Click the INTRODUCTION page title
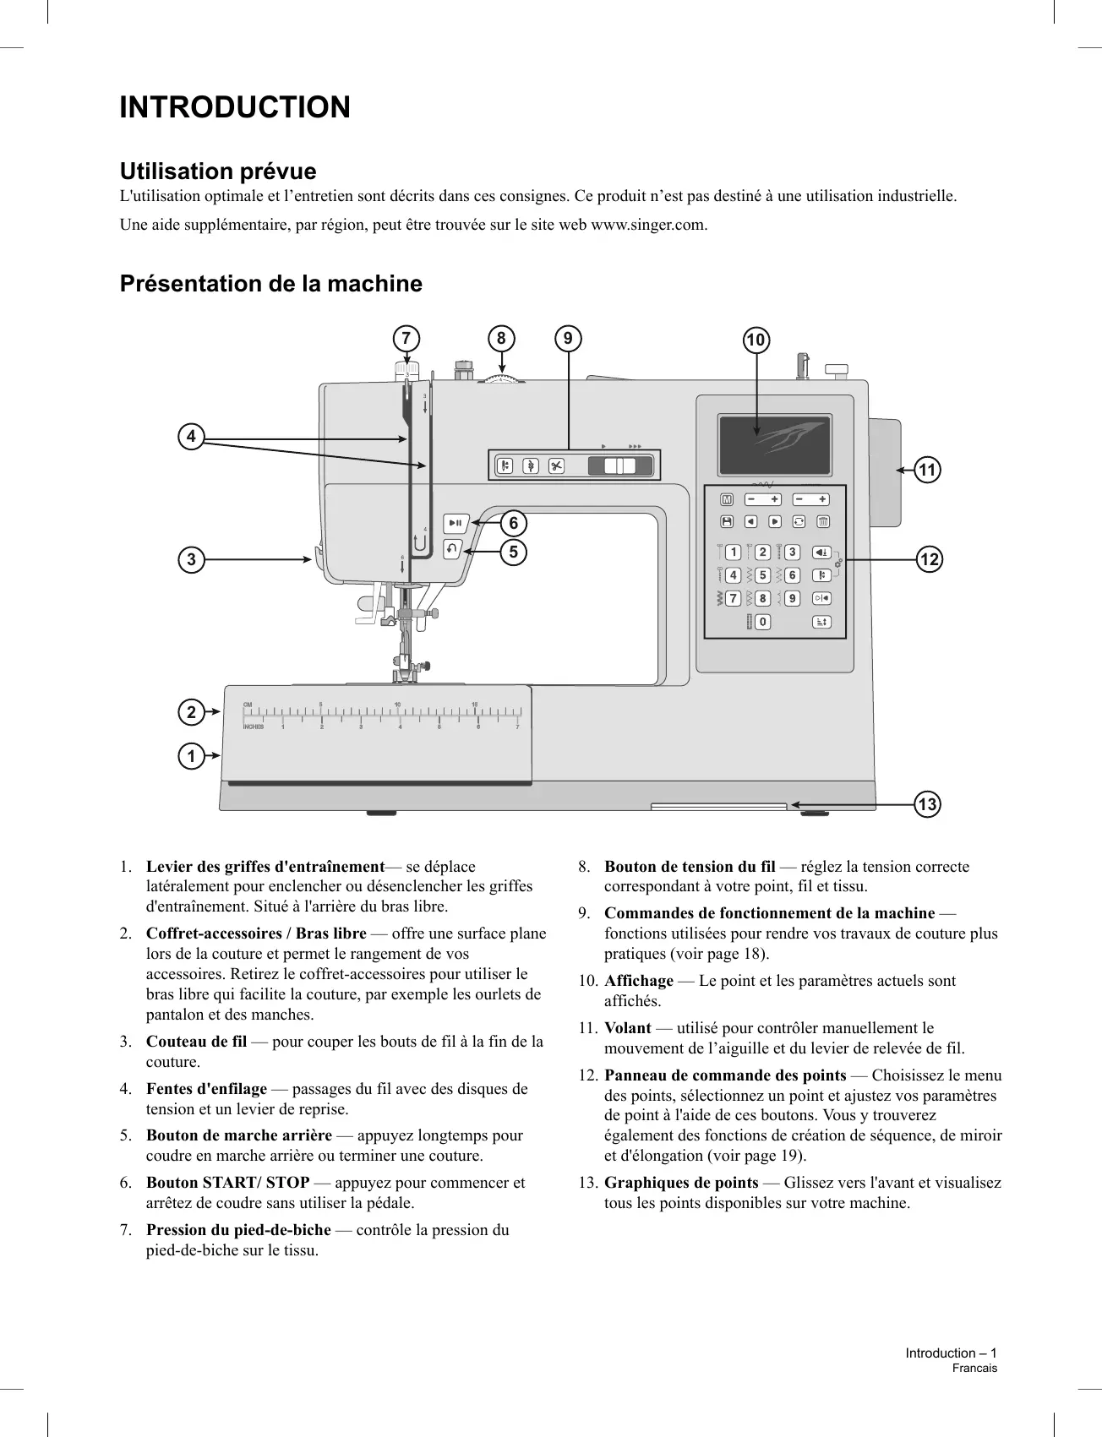click(x=235, y=108)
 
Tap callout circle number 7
click(x=406, y=339)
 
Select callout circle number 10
click(x=756, y=340)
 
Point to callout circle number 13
click(x=927, y=804)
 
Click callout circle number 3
click(x=192, y=559)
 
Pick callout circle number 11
click(x=928, y=470)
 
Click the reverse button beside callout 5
click(x=453, y=548)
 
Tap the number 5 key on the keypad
click(x=762, y=575)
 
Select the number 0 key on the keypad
click(x=762, y=622)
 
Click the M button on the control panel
click(x=727, y=499)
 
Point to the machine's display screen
click(x=774, y=445)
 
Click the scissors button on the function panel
click(x=556, y=465)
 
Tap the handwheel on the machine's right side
click(x=884, y=471)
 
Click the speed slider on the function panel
click(x=621, y=465)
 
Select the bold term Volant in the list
click(x=628, y=1028)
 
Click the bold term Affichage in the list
click(x=639, y=981)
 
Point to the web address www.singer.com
click(x=649, y=225)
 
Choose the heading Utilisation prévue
click(x=218, y=171)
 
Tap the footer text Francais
click(x=974, y=1368)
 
